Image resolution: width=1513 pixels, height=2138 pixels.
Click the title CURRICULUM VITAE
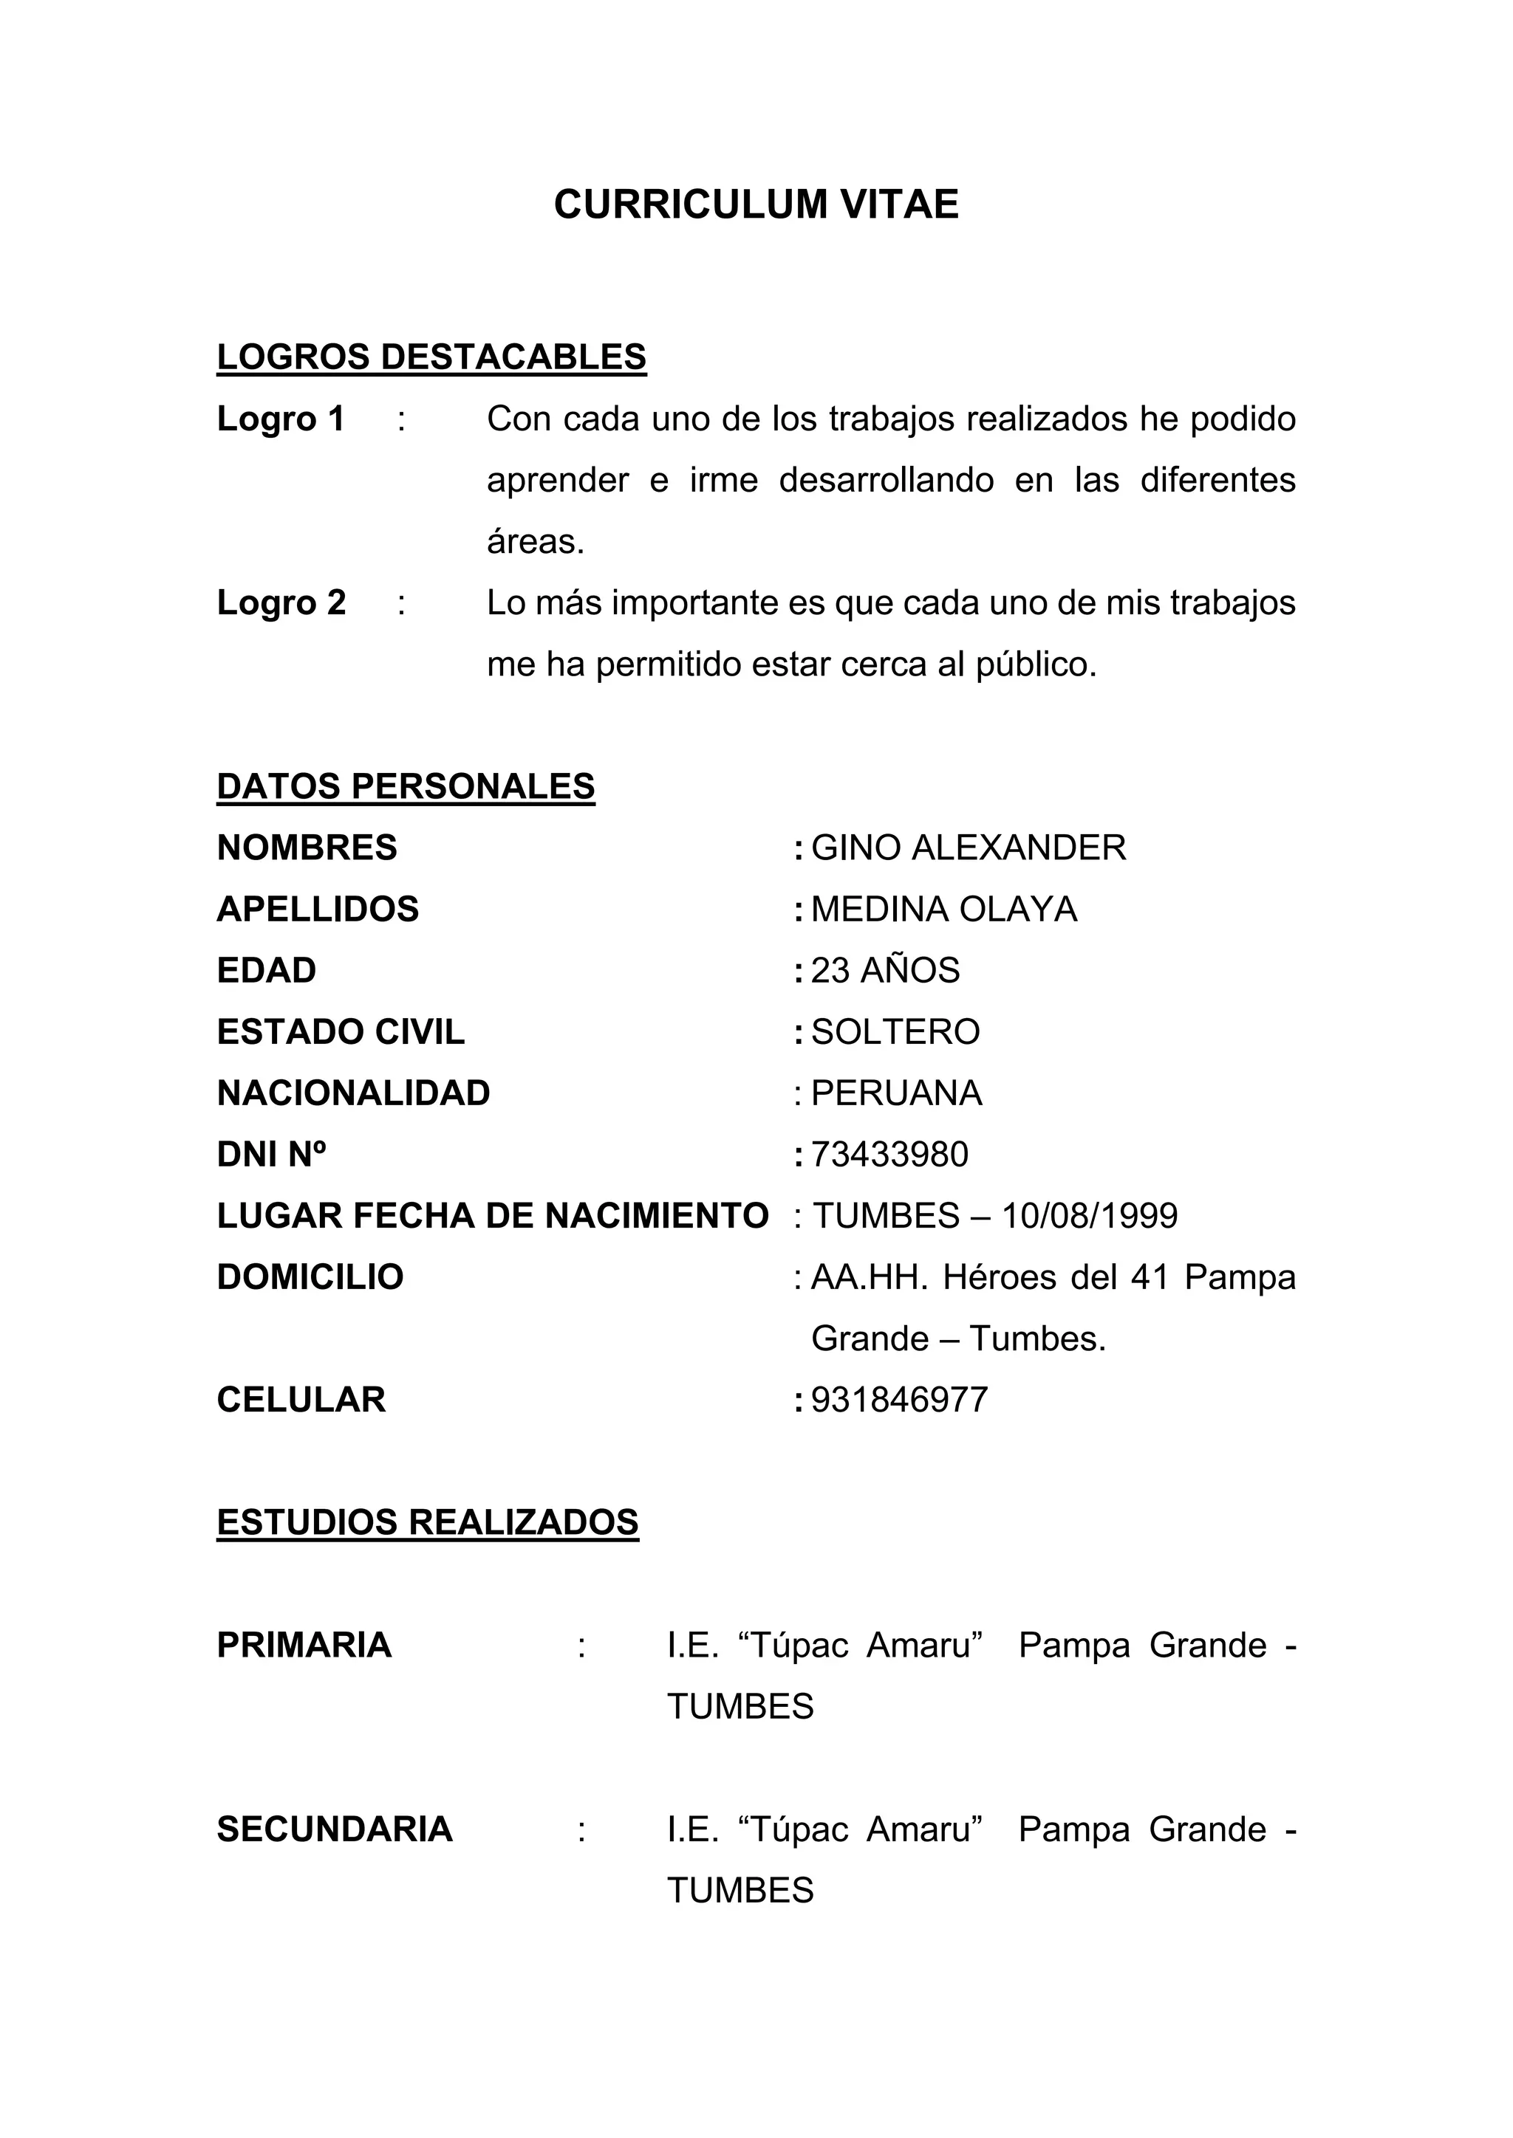(x=756, y=204)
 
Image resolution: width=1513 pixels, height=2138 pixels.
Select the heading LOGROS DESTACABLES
(x=431, y=357)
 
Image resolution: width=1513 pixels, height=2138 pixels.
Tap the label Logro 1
(x=281, y=419)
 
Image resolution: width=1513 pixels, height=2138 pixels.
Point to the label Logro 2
(x=281, y=602)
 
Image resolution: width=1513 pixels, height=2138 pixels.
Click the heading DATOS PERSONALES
(x=406, y=787)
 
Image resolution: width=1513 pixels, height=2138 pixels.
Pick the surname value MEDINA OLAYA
(x=943, y=910)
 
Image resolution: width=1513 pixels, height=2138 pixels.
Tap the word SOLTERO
(x=895, y=1032)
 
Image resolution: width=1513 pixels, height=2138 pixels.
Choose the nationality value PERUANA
(x=896, y=1093)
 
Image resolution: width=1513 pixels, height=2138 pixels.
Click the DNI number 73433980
(x=889, y=1155)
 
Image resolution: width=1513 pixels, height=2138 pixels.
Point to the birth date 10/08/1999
(x=1089, y=1216)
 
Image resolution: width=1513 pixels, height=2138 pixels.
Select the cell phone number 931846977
(x=899, y=1400)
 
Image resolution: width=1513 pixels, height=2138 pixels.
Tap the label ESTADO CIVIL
(x=340, y=1032)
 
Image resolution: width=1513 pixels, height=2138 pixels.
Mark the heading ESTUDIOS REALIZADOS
(x=428, y=1522)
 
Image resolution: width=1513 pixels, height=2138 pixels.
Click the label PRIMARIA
(x=304, y=1646)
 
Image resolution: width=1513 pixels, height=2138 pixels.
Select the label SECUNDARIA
(x=335, y=1829)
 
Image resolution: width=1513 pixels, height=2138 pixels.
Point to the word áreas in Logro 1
(x=534, y=541)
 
